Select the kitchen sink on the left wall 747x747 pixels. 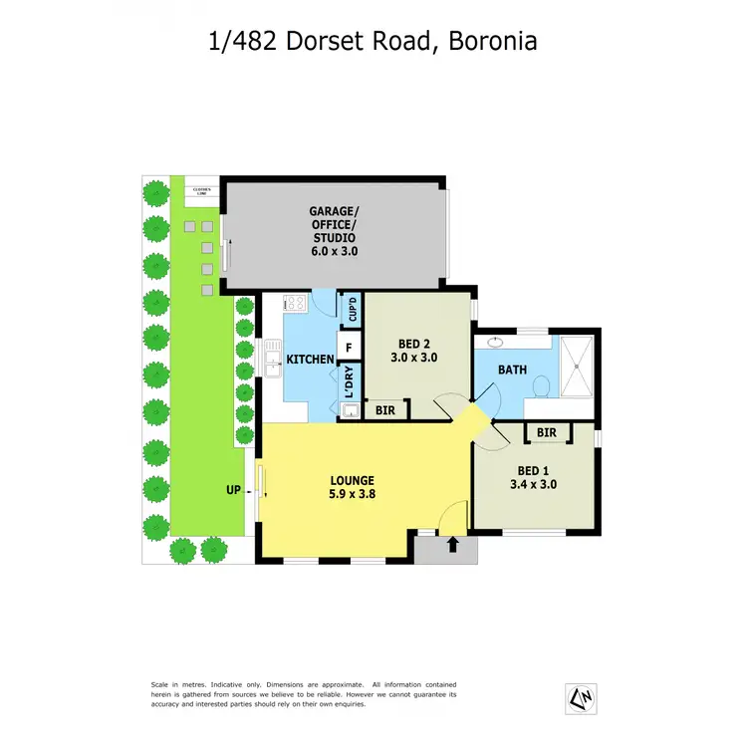coord(272,357)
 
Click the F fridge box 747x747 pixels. coord(350,348)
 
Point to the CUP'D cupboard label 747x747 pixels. coord(351,311)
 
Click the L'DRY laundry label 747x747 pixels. coord(350,383)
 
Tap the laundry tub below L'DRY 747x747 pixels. coord(350,410)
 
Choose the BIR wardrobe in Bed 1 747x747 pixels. coord(546,432)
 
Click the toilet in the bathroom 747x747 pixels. coord(541,384)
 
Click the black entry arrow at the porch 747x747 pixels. coord(454,544)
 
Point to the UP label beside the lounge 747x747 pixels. coord(234,490)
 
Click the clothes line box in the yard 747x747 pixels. coord(194,189)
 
